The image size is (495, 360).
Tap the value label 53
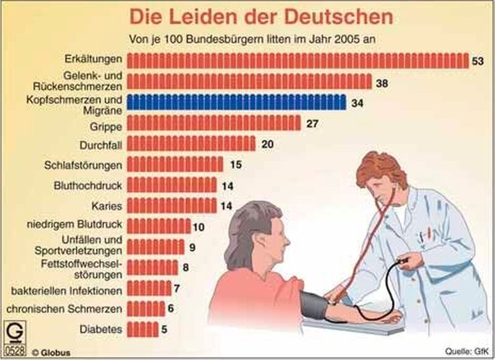coord(476,61)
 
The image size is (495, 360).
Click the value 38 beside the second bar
coord(381,82)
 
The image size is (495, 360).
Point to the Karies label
coord(107,205)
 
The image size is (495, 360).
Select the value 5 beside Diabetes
coord(164,330)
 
